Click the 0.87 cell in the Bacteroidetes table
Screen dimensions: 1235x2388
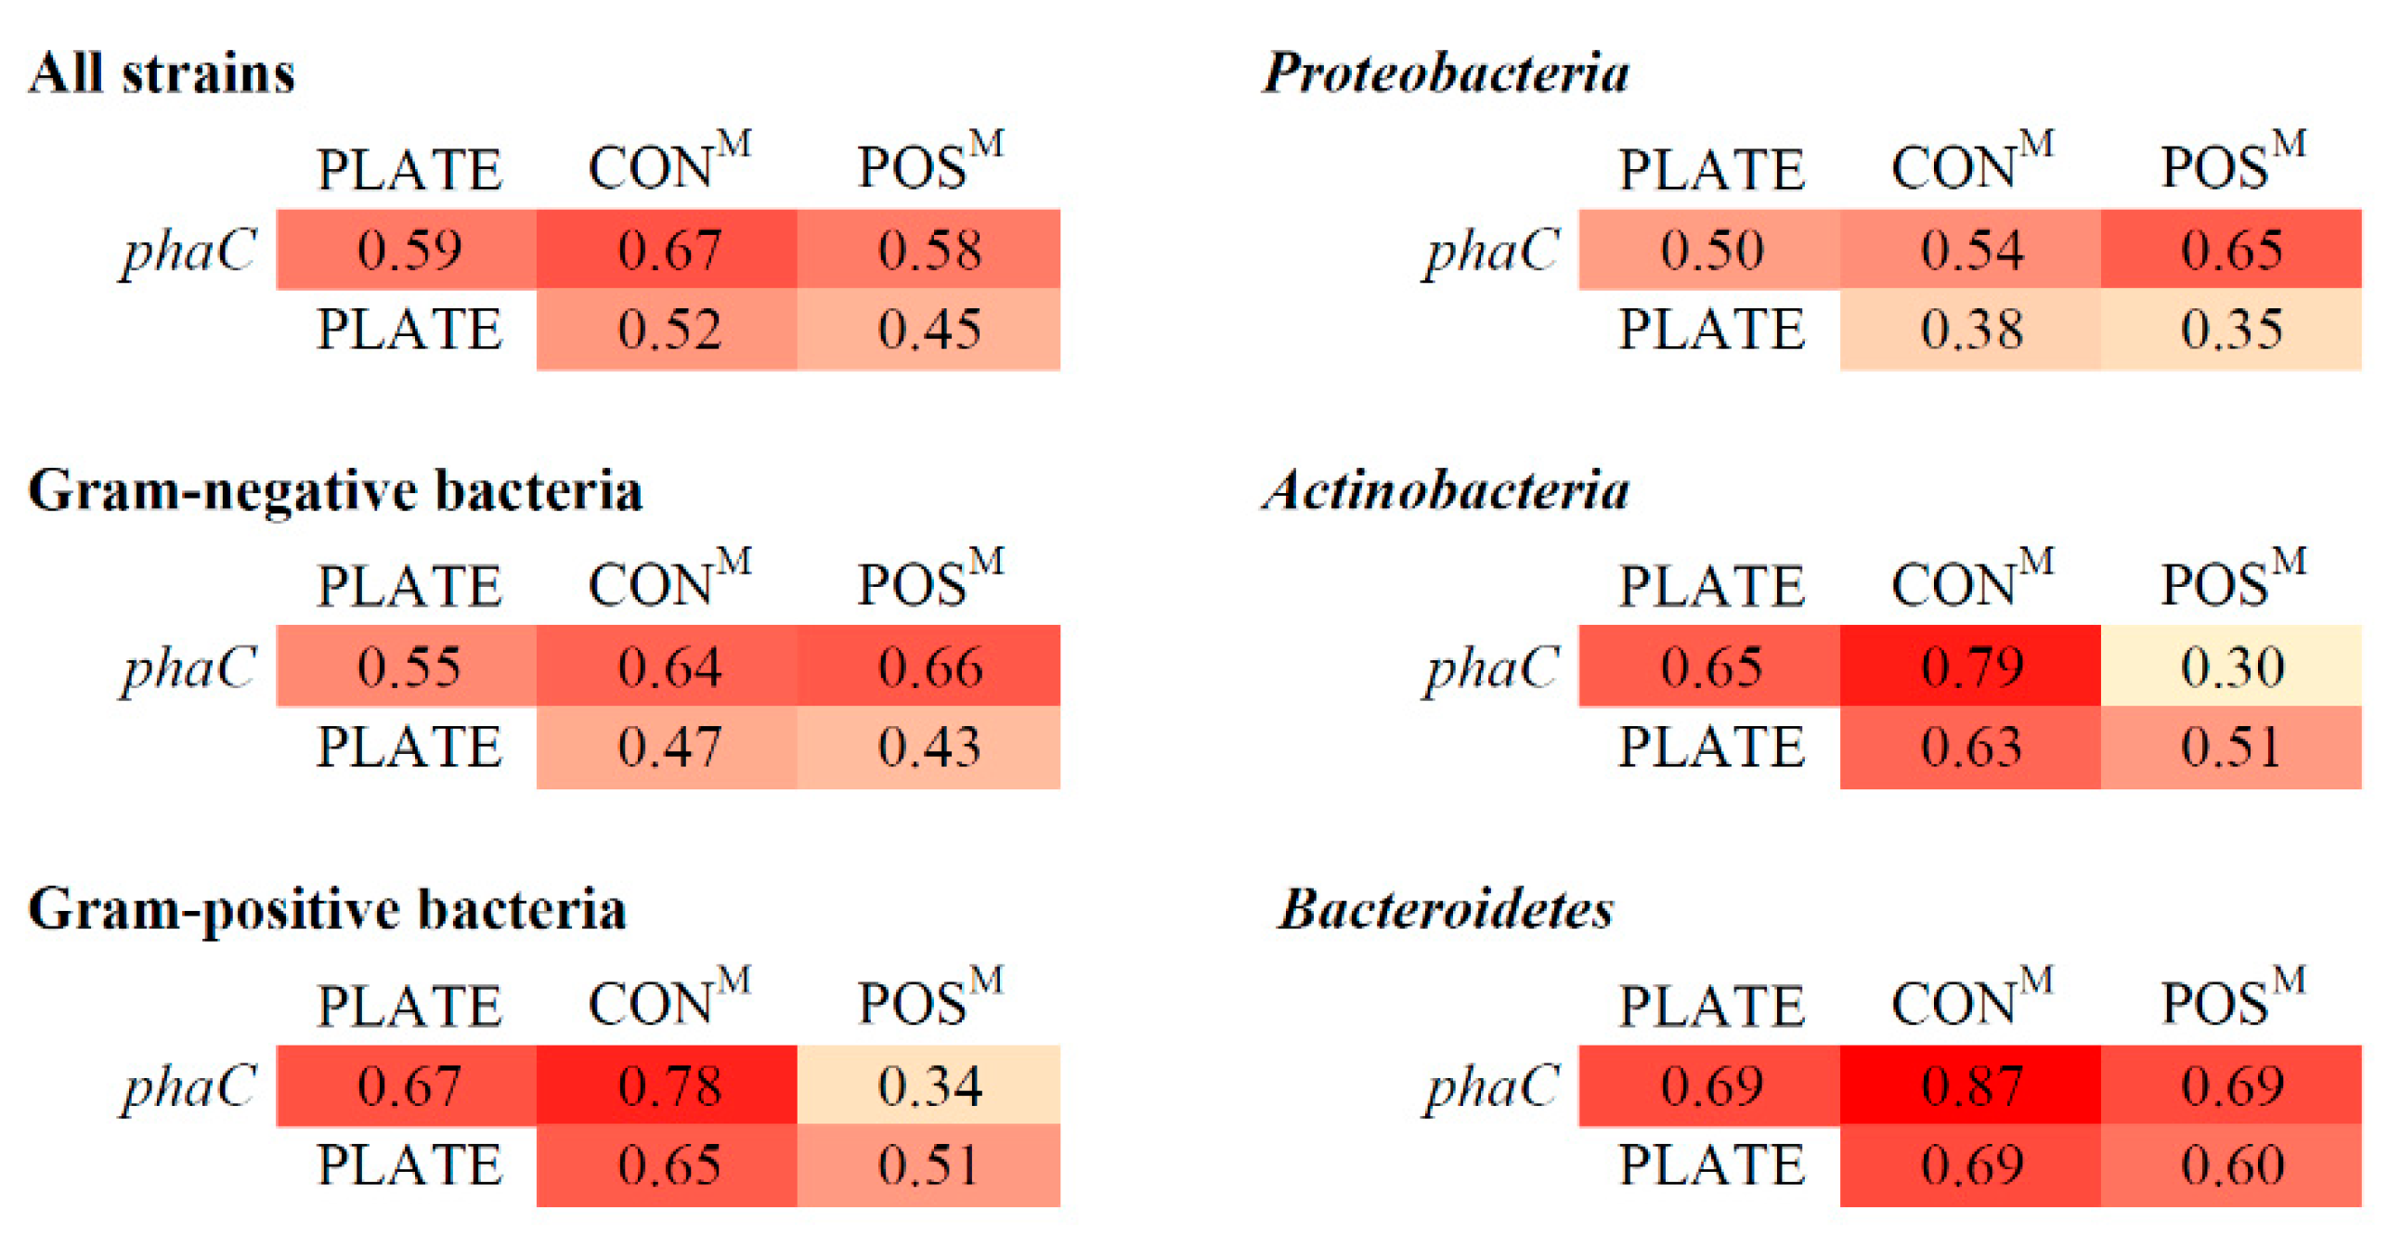tap(1969, 1085)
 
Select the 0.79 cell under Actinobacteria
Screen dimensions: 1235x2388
tap(1969, 666)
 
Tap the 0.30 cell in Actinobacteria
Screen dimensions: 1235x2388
tap(2230, 666)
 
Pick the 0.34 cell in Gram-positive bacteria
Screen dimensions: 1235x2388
tap(928, 1085)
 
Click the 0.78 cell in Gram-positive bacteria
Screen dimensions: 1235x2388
tap(668, 1085)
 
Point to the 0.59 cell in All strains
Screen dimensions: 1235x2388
tap(407, 249)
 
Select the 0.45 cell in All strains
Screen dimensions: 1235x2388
tap(928, 329)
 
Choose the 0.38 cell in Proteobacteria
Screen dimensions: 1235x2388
tap(1969, 329)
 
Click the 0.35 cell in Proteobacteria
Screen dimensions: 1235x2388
tap(2230, 329)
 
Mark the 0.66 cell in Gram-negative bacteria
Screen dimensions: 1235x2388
tap(928, 666)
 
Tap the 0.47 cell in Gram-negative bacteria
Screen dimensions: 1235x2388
tap(668, 747)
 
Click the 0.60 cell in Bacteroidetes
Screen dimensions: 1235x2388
tap(2230, 1164)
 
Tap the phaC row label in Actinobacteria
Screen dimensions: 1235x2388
tap(1492, 668)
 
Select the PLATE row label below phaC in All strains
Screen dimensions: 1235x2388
tap(409, 329)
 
